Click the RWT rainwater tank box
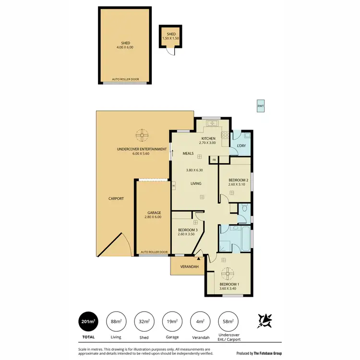pos(261,106)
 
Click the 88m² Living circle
pos(116,322)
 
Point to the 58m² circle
pos(228,322)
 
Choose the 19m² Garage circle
pos(172,322)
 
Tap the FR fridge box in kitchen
pos(214,159)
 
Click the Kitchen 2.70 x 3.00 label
pos(208,141)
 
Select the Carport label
pos(116,198)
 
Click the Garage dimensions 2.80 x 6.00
pos(153,217)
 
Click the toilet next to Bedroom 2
pos(244,209)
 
